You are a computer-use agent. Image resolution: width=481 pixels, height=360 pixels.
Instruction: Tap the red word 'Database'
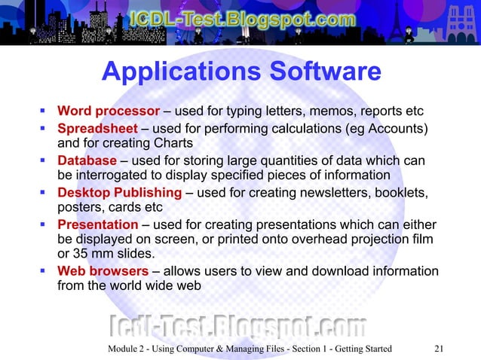[x=87, y=161]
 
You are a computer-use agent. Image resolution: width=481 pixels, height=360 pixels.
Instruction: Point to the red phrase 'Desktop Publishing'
[x=120, y=193]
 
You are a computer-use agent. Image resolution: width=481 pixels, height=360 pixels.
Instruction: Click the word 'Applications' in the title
[x=176, y=73]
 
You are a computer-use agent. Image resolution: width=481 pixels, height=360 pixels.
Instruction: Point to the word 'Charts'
[x=173, y=143]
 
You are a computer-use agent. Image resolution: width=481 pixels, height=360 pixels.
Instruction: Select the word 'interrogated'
[x=112, y=175]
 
